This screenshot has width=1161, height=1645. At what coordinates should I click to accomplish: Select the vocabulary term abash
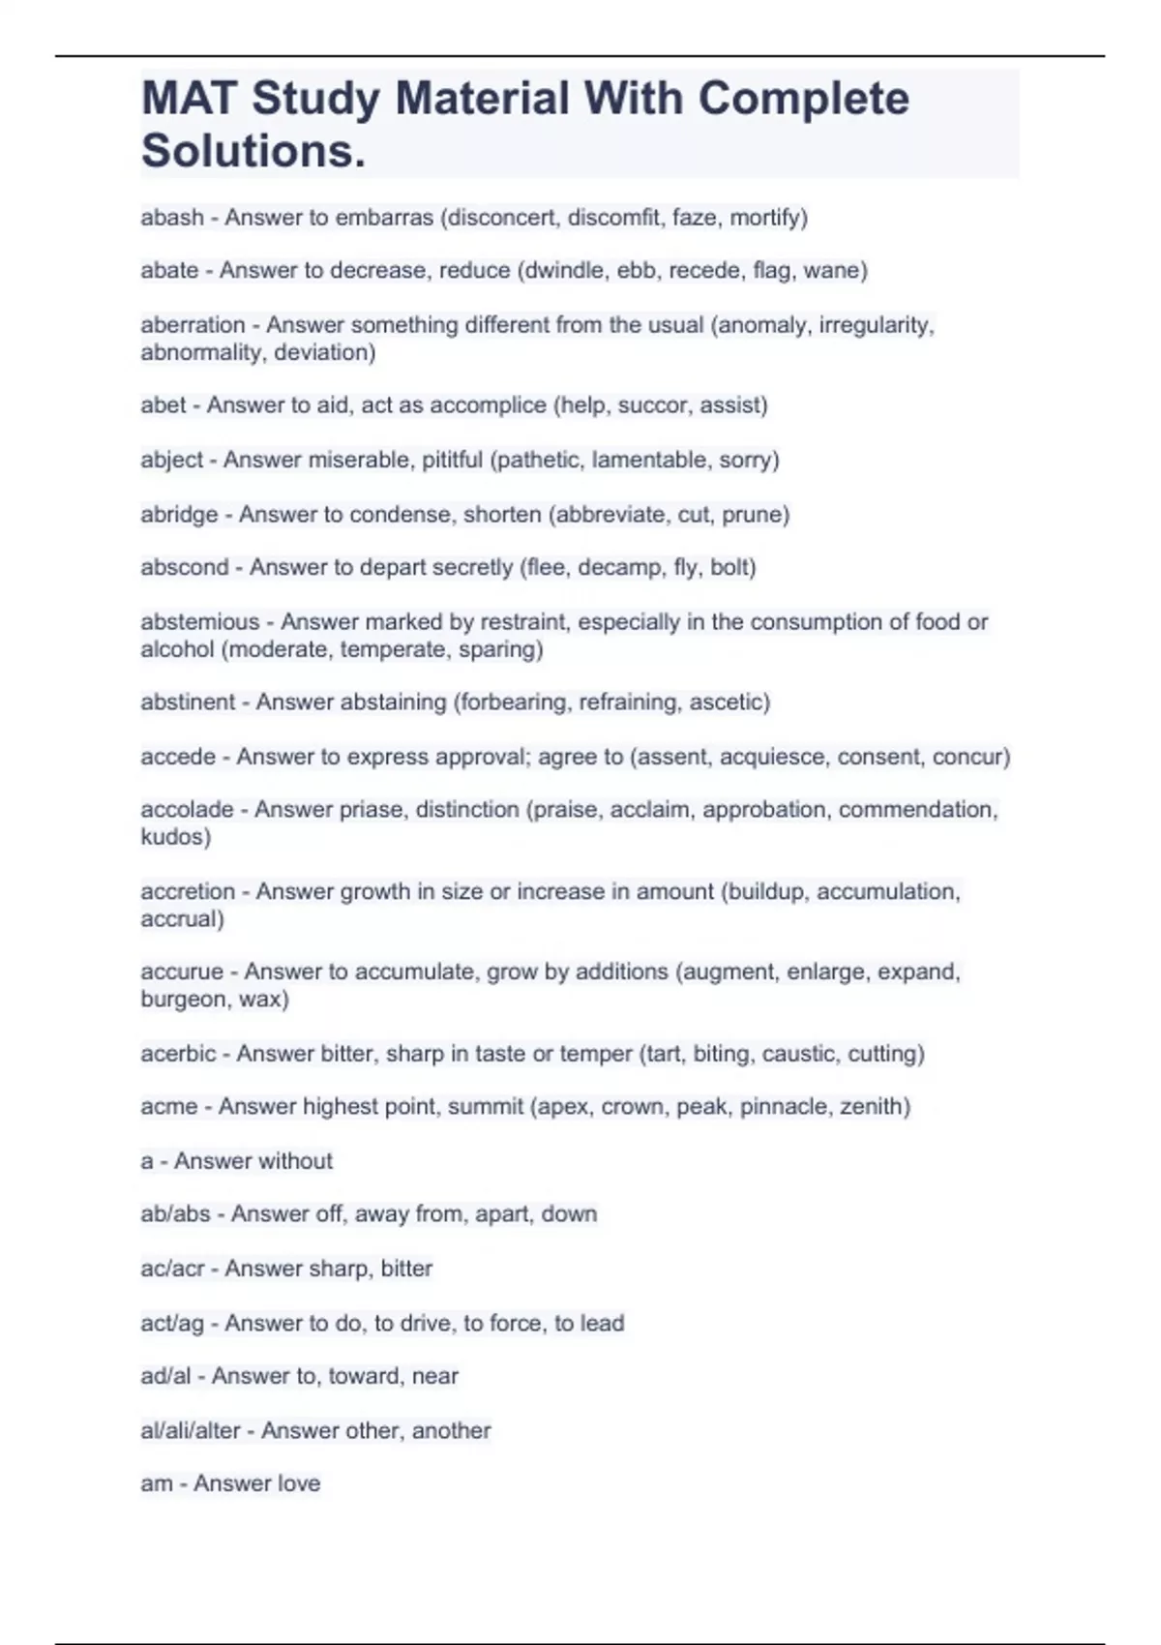tap(171, 218)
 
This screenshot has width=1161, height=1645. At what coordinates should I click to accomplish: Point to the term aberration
tap(193, 325)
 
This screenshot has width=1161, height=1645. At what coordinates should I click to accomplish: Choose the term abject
tap(171, 460)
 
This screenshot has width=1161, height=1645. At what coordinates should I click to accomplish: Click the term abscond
tap(184, 567)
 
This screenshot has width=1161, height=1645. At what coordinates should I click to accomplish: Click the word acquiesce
tap(773, 757)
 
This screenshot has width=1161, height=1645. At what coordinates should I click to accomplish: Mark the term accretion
tap(188, 891)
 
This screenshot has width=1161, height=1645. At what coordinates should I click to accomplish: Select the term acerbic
tap(178, 1054)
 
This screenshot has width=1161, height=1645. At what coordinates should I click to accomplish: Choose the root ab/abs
tap(175, 1214)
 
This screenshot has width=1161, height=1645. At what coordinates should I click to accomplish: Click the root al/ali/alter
tap(190, 1431)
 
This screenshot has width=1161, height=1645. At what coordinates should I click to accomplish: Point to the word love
tap(297, 1483)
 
